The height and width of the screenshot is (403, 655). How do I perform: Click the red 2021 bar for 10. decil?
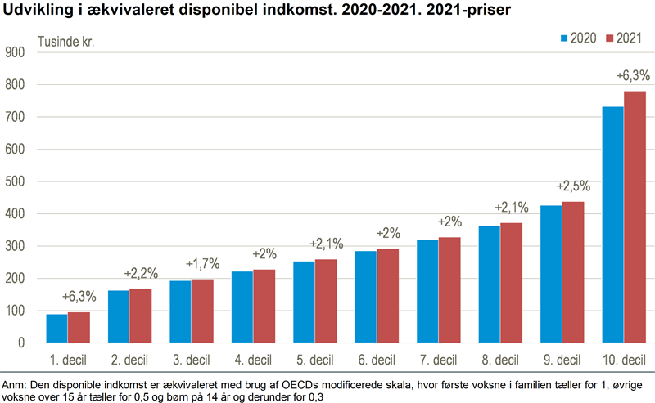tap(635, 217)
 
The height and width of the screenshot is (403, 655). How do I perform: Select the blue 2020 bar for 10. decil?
tap(612, 225)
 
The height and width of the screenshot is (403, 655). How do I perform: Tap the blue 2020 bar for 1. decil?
tap(57, 329)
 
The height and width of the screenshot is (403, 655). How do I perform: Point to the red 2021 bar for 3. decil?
tap(202, 311)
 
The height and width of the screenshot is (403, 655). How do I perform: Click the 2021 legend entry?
tap(623, 38)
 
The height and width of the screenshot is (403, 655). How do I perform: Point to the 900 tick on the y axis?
tap(16, 52)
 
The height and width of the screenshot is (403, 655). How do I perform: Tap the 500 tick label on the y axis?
tap(16, 181)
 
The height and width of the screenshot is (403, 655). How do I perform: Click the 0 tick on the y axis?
tap(23, 343)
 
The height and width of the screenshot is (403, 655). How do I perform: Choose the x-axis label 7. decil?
tap(438, 360)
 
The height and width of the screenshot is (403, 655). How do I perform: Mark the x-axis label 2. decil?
tap(129, 360)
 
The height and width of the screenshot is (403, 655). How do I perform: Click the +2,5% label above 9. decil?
tap(573, 186)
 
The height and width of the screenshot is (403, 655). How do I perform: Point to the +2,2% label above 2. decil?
tap(140, 272)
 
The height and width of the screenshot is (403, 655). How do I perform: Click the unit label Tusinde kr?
tap(66, 41)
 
